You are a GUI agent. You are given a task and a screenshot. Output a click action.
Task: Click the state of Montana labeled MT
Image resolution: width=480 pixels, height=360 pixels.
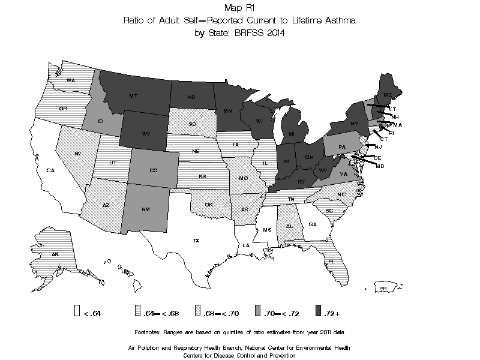pos(133,95)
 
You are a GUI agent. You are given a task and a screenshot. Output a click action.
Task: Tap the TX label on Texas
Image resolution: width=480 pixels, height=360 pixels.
pos(196,240)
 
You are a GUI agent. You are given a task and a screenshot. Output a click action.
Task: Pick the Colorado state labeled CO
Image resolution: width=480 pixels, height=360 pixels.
pos(154,170)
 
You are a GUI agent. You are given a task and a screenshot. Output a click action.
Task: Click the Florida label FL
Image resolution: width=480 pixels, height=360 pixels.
pos(331,261)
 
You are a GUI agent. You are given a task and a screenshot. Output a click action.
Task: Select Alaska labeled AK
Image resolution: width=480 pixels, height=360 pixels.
pos(55,254)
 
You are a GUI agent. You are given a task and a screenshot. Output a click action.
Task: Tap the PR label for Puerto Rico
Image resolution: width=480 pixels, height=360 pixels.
pos(382,289)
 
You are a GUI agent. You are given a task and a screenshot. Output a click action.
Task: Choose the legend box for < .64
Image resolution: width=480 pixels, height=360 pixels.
pos(77,311)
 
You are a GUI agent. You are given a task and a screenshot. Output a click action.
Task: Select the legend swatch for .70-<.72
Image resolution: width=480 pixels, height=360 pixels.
pos(257,311)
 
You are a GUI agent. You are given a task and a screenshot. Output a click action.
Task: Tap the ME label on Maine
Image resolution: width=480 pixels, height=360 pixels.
pos(388,95)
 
